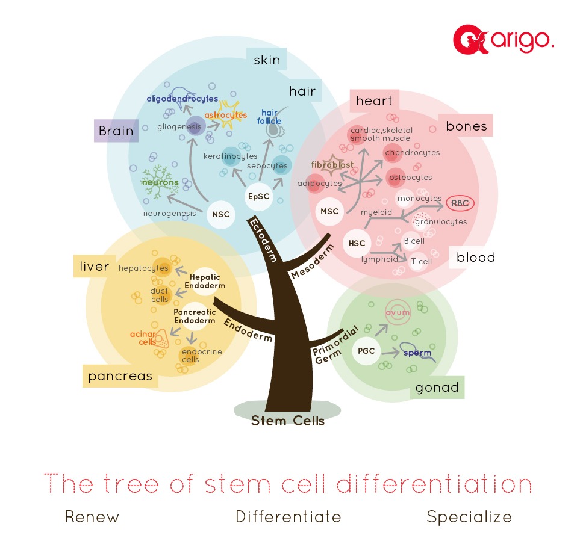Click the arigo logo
[503, 40]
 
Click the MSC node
[329, 212]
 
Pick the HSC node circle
[357, 243]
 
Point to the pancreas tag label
[120, 377]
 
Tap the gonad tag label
[437, 388]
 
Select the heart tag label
[374, 100]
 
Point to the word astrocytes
[226, 114]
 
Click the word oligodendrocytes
[182, 98]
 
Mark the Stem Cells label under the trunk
[288, 421]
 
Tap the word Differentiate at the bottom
[288, 516]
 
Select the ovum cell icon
[398, 313]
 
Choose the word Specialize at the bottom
[469, 516]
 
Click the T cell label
[421, 261]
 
